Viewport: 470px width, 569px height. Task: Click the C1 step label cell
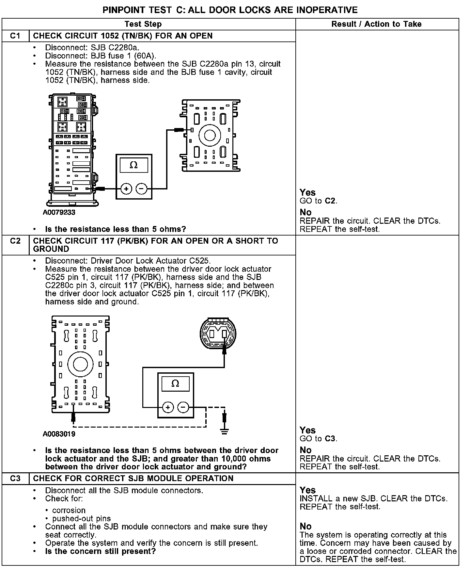point(15,36)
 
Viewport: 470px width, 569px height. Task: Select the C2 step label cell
point(15,241)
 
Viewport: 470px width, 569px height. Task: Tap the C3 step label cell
point(15,479)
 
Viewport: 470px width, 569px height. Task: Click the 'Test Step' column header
point(143,24)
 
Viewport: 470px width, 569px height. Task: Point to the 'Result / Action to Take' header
point(376,24)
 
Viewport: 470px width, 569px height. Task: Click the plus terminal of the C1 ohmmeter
point(126,189)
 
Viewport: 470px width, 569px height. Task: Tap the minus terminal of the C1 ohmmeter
point(141,189)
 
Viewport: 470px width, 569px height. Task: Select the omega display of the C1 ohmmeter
point(134,165)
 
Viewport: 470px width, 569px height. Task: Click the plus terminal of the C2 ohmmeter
point(168,407)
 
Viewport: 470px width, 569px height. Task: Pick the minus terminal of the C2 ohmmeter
point(183,407)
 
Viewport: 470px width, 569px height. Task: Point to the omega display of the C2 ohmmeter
point(175,384)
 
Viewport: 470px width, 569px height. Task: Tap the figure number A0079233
point(59,213)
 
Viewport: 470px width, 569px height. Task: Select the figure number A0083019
point(59,434)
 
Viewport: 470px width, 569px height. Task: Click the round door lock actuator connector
point(218,333)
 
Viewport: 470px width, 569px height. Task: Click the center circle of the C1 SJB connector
point(210,136)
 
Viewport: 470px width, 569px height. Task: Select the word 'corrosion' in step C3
point(69,510)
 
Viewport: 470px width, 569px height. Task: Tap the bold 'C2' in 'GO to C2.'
point(330,201)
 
